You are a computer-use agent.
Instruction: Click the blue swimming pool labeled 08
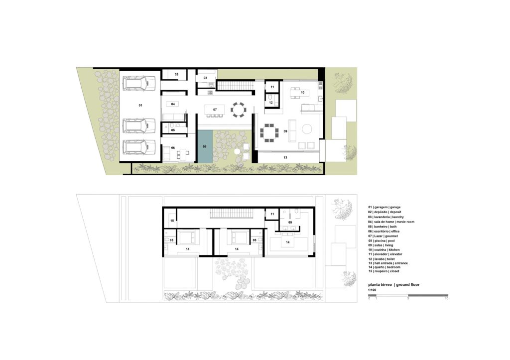coord(205,146)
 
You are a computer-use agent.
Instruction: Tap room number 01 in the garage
coord(140,106)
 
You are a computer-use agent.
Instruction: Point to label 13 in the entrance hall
coord(285,158)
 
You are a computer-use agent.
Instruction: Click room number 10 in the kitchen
coord(302,92)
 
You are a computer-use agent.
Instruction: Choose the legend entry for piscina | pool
coord(381,240)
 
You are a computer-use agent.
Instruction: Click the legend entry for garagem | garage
coord(384,207)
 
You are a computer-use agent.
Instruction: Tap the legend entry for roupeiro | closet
coord(383,271)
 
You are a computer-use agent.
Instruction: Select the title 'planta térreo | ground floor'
coord(393,284)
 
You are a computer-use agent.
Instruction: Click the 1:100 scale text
coord(372,290)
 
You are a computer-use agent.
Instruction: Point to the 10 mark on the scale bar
coord(446,298)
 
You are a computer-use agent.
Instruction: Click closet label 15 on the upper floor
coord(172,221)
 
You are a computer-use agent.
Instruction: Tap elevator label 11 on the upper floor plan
coord(272,214)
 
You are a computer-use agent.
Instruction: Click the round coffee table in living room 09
coord(307,129)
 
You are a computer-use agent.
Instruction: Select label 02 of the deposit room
coord(176,75)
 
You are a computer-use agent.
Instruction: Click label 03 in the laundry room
coord(205,78)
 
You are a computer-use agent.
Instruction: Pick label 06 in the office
coord(173,148)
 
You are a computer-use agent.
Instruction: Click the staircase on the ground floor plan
coord(235,86)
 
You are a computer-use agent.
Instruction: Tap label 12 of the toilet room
coord(270,103)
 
